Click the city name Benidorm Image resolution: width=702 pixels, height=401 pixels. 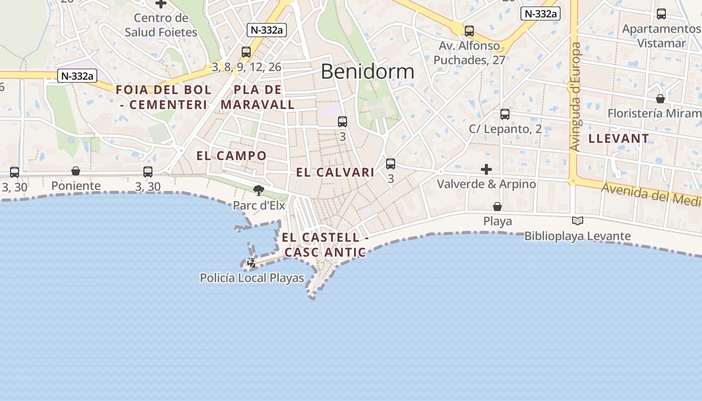[x=368, y=72]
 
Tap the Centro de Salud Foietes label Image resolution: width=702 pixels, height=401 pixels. [x=161, y=25]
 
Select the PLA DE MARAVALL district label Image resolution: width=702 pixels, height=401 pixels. [x=258, y=97]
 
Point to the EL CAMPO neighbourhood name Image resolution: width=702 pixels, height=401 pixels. [x=231, y=155]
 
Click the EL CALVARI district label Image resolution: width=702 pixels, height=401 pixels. [x=335, y=172]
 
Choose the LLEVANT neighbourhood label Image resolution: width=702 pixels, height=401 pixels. [x=619, y=138]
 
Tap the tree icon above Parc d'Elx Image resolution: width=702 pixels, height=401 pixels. [x=259, y=190]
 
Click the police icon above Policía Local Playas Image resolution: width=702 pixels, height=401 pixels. [x=252, y=262]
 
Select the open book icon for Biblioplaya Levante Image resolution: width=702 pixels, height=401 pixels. [x=578, y=221]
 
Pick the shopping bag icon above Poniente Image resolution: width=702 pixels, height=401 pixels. [x=76, y=171]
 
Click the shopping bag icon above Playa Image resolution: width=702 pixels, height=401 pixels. [x=497, y=207]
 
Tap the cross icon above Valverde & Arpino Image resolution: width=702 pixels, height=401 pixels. [x=486, y=169]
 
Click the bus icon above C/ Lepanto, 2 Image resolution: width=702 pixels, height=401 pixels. [x=505, y=114]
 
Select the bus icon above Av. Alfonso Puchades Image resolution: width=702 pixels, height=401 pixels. [x=469, y=31]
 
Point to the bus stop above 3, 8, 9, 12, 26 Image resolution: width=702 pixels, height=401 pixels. [x=246, y=52]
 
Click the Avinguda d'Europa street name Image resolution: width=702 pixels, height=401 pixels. [x=576, y=97]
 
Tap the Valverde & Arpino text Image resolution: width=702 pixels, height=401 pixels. [x=486, y=184]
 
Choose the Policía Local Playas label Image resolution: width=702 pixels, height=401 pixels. [x=252, y=278]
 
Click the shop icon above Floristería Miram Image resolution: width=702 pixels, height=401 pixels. [x=660, y=99]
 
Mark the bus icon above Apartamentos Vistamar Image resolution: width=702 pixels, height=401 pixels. [x=661, y=14]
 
